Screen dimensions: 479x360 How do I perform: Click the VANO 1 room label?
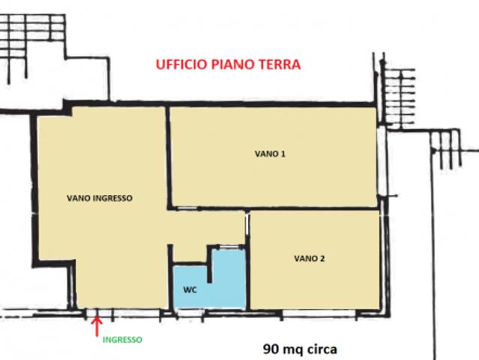[x=270, y=154]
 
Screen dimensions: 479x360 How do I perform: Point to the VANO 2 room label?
[x=309, y=259]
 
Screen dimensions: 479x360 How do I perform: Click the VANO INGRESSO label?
[x=100, y=198]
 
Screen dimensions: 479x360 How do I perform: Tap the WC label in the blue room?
[x=190, y=289]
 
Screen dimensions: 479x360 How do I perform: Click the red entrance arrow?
[x=97, y=326]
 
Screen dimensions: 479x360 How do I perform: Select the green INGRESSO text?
[x=122, y=340]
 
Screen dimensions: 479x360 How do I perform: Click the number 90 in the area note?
[x=271, y=349]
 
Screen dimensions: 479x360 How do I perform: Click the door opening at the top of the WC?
[x=228, y=246]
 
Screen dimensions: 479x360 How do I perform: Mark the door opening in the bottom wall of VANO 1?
[x=187, y=208]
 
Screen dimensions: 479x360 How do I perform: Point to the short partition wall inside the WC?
[x=210, y=264]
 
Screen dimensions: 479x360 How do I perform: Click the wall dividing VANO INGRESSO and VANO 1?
[x=168, y=157]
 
